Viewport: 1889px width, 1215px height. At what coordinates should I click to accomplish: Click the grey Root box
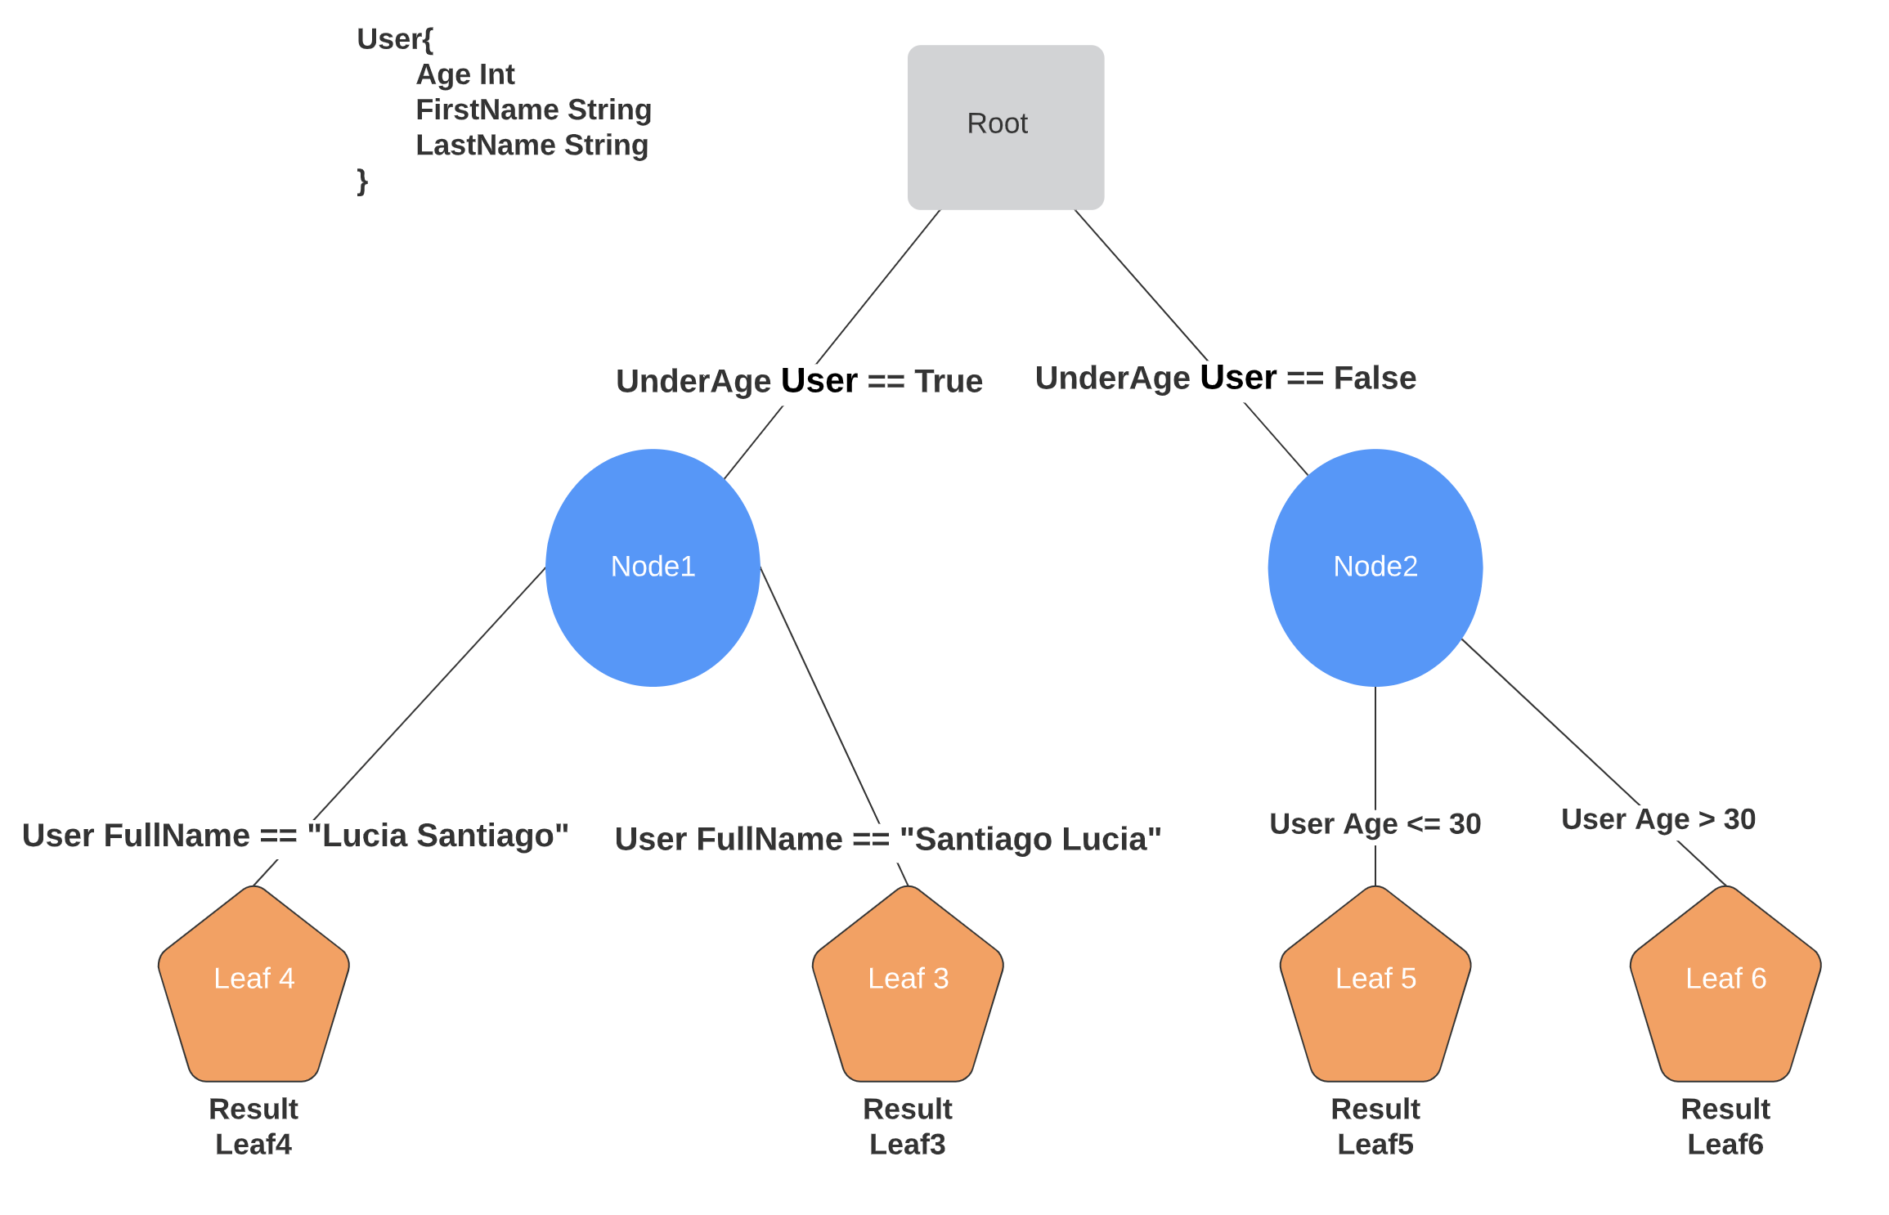pyautogui.click(x=1006, y=127)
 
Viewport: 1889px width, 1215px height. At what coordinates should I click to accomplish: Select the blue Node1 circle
pyautogui.click(x=653, y=567)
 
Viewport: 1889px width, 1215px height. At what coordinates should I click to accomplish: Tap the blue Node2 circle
pyautogui.click(x=1375, y=567)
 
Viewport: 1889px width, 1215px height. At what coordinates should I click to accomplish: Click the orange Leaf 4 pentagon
pyautogui.click(x=254, y=984)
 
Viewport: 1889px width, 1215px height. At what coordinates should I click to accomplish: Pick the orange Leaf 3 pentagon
pyautogui.click(x=908, y=984)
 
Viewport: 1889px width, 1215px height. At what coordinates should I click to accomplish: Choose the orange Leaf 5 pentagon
pyautogui.click(x=1375, y=984)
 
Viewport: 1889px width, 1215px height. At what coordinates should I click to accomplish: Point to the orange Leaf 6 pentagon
pyautogui.click(x=1725, y=984)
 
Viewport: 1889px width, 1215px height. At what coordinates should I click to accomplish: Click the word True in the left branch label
pyautogui.click(x=949, y=381)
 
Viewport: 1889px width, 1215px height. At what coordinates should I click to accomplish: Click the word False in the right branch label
pyautogui.click(x=1375, y=378)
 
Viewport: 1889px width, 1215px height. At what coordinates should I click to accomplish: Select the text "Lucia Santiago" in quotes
pyautogui.click(x=437, y=836)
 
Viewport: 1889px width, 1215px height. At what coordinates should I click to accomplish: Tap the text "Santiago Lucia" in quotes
pyautogui.click(x=1030, y=839)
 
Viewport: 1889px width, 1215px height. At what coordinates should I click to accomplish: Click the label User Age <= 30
pyautogui.click(x=1375, y=824)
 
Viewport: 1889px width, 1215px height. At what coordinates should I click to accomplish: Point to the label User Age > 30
pyautogui.click(x=1658, y=819)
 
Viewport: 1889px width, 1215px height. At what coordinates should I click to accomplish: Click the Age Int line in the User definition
pyautogui.click(x=465, y=74)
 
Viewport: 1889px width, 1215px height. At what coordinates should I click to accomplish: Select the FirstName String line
pyautogui.click(x=534, y=110)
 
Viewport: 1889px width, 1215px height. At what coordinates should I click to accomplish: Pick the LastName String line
pyautogui.click(x=532, y=145)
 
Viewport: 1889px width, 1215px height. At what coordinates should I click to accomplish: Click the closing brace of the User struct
pyautogui.click(x=362, y=181)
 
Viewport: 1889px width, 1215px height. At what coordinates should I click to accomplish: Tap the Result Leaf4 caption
pyautogui.click(x=254, y=1127)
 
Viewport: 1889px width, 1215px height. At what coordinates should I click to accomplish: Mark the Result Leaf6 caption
pyautogui.click(x=1725, y=1127)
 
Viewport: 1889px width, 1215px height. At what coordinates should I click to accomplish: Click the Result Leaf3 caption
pyautogui.click(x=908, y=1127)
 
